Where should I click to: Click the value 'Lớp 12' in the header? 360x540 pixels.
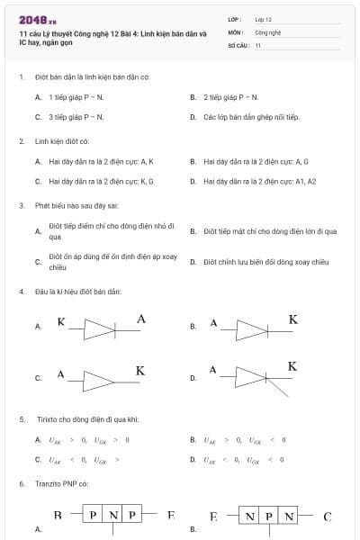coord(264,19)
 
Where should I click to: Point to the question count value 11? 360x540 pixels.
coord(258,44)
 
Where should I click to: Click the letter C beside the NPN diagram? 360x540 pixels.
coord(328,517)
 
